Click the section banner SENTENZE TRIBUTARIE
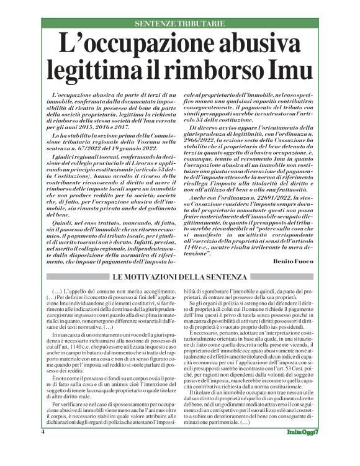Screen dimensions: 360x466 coord(179,22)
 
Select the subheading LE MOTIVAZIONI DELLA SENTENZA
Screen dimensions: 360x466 coord(179,277)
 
